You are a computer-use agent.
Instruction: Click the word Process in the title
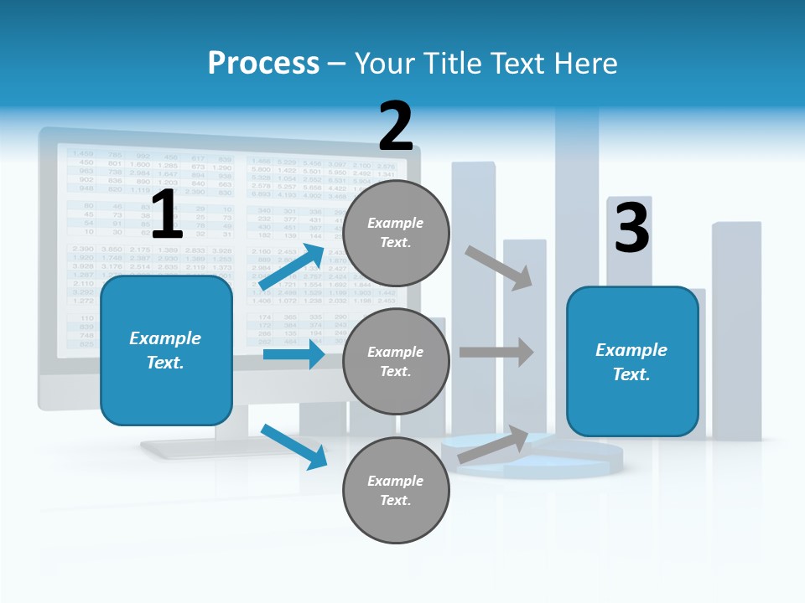pos(263,64)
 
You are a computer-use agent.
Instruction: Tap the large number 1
pos(166,215)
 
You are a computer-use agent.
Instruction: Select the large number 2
pos(396,126)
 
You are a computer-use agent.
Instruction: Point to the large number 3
pos(631,228)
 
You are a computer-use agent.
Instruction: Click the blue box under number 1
pos(166,350)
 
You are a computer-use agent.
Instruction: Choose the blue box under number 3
pos(632,362)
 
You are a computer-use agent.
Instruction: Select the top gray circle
pos(396,233)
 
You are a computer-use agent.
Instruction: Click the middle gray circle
pos(396,362)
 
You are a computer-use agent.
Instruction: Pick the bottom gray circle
pos(396,491)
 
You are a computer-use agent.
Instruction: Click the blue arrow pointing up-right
pos(292,266)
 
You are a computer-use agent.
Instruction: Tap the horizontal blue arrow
pos(293,355)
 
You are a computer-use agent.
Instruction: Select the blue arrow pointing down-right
pos(293,446)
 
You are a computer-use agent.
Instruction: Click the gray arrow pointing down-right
pos(499,268)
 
